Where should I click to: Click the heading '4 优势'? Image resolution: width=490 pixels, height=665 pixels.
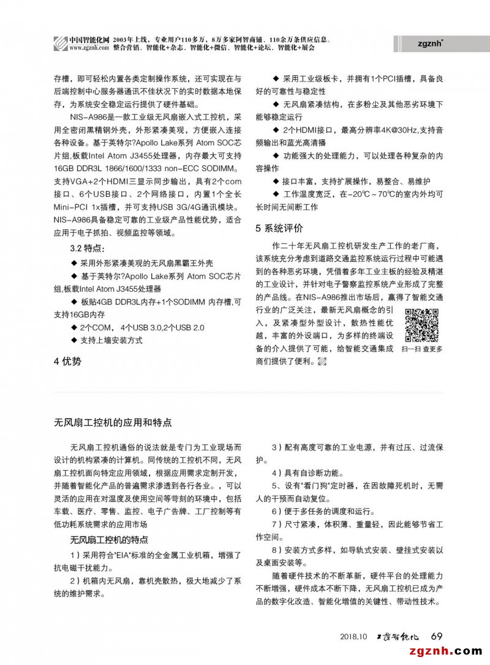pyautogui.click(x=67, y=362)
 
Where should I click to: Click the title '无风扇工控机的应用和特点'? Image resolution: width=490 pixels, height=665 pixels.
pyautogui.click(x=113, y=422)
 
